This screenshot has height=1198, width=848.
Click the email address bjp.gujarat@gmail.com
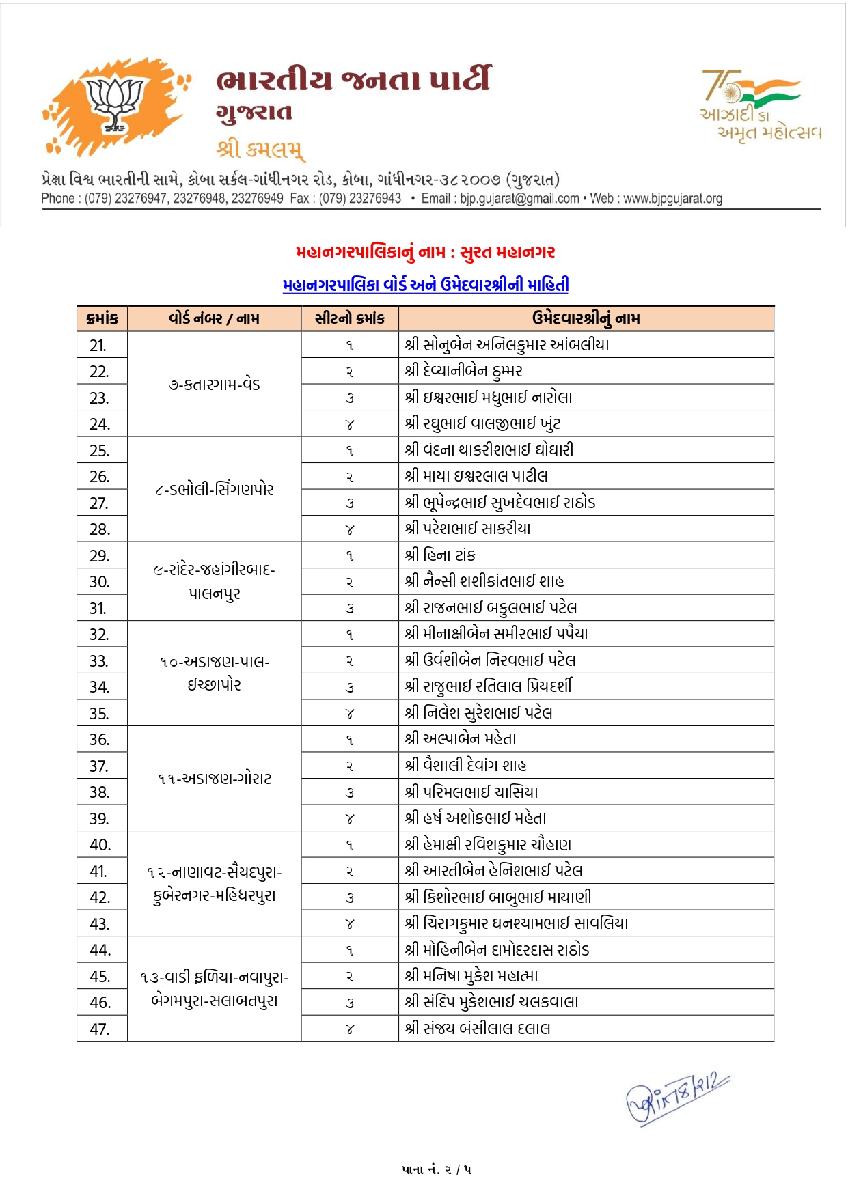tap(519, 199)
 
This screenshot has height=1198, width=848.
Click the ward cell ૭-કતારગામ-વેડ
tap(214, 385)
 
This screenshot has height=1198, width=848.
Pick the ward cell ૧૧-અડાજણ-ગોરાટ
tap(214, 779)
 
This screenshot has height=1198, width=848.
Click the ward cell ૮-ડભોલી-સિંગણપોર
tap(214, 490)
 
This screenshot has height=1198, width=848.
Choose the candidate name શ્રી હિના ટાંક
tap(440, 555)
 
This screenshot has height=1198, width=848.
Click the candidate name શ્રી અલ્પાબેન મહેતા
tap(461, 739)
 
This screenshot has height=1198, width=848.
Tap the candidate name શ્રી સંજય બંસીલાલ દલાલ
tap(478, 1029)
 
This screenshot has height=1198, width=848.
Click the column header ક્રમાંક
tap(102, 319)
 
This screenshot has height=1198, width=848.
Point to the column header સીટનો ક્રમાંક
tap(349, 319)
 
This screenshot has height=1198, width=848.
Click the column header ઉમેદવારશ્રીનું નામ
tap(586, 319)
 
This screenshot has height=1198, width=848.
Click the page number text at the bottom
tap(436, 1170)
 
